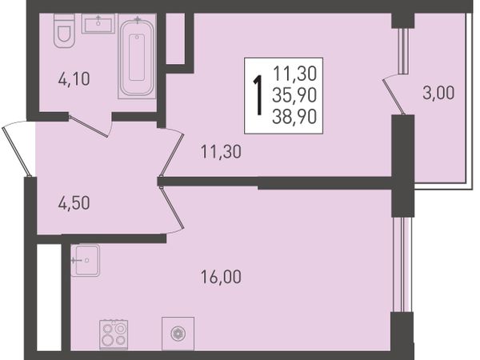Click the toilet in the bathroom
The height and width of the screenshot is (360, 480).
[64, 30]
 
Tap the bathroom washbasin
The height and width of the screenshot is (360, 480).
[98, 23]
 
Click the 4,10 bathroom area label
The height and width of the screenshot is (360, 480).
[74, 79]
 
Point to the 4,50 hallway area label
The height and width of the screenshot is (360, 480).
[74, 203]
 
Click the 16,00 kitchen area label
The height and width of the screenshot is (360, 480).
[221, 277]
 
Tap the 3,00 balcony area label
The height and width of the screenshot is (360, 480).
[438, 93]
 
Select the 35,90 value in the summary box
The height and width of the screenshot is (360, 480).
[294, 95]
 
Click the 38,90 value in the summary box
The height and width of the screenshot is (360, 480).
[294, 117]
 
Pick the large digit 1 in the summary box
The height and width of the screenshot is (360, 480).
[259, 95]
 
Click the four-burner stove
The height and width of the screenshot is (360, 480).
[114, 334]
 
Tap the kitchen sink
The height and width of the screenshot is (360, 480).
[85, 260]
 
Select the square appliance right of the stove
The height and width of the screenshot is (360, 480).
[178, 334]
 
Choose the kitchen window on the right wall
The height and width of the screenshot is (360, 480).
[402, 265]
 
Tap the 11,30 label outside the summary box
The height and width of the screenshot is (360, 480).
[221, 152]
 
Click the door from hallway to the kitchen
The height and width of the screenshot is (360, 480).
[172, 209]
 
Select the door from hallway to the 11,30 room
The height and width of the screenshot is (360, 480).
[172, 152]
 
